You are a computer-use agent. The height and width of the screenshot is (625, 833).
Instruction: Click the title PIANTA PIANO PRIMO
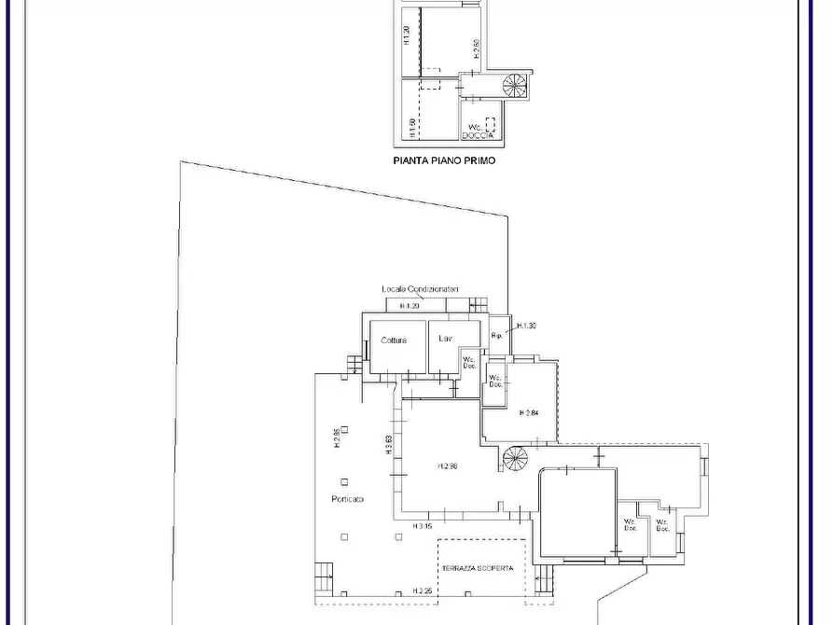pos(443,160)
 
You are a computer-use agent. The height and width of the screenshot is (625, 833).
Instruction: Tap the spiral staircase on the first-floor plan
pos(515,86)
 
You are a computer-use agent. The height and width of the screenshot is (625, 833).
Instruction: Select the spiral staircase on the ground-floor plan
pos(515,458)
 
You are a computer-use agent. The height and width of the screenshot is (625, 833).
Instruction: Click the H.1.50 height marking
pos(411,125)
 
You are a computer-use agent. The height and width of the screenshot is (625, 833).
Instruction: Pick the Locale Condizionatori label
pos(420,290)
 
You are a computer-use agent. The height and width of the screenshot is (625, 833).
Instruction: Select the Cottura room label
pos(394,340)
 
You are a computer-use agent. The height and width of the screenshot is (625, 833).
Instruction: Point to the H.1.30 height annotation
pos(526,326)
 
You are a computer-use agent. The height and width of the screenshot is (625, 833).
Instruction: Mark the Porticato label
pos(347,500)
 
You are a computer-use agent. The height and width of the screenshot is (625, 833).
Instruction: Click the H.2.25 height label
pos(423,590)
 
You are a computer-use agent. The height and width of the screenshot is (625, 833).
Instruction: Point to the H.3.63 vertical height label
pos(388,444)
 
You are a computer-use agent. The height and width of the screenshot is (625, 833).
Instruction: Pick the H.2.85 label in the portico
pos(336,437)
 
